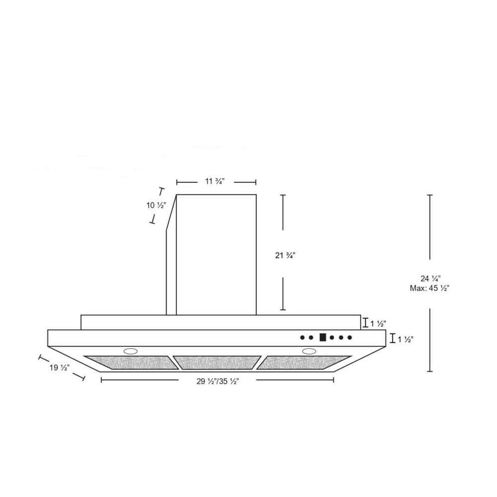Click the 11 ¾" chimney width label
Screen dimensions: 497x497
point(216,181)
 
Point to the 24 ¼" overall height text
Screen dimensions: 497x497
point(431,279)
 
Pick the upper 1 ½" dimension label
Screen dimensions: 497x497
point(378,324)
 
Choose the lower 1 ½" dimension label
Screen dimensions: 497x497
point(406,339)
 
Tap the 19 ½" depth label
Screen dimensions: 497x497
point(59,368)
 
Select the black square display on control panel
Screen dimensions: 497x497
point(323,337)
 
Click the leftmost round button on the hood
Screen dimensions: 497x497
point(303,337)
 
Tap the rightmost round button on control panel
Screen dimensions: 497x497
point(349,337)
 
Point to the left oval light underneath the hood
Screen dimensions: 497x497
point(131,351)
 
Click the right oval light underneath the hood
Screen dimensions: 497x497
point(309,351)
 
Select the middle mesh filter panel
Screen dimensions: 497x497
point(219,362)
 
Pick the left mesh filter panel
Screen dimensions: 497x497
point(132,362)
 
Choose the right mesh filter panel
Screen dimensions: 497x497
point(303,362)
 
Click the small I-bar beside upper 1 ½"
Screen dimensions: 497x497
point(366,323)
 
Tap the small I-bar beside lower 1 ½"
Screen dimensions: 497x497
point(393,338)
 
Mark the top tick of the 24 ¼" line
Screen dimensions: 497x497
point(430,195)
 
